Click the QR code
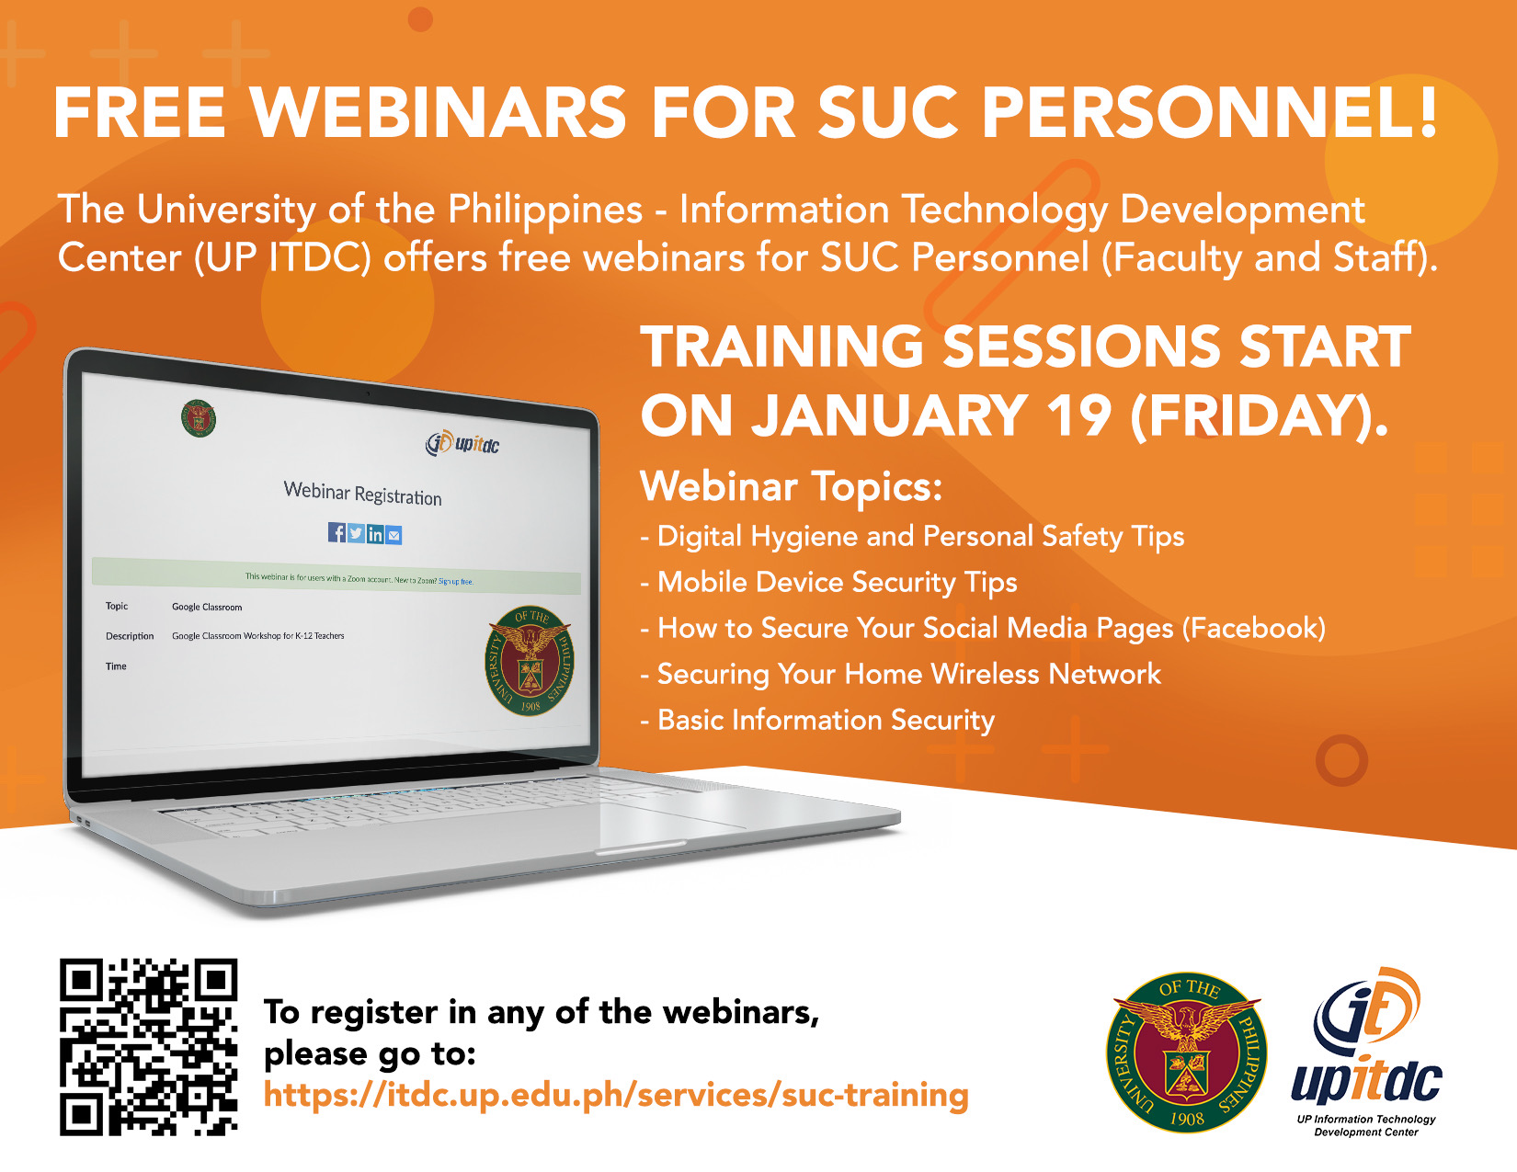148,1046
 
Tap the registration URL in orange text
616,1095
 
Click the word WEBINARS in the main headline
439,113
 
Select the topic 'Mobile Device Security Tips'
837,582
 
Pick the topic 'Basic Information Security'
826,720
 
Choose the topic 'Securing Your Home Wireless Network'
908,674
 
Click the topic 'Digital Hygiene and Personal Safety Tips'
920,536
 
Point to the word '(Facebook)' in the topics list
1254,628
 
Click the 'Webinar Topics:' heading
792,486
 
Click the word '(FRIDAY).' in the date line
1259,415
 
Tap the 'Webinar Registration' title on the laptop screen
362,494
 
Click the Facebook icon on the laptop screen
336,532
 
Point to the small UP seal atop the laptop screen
199,418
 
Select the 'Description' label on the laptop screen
130,636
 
